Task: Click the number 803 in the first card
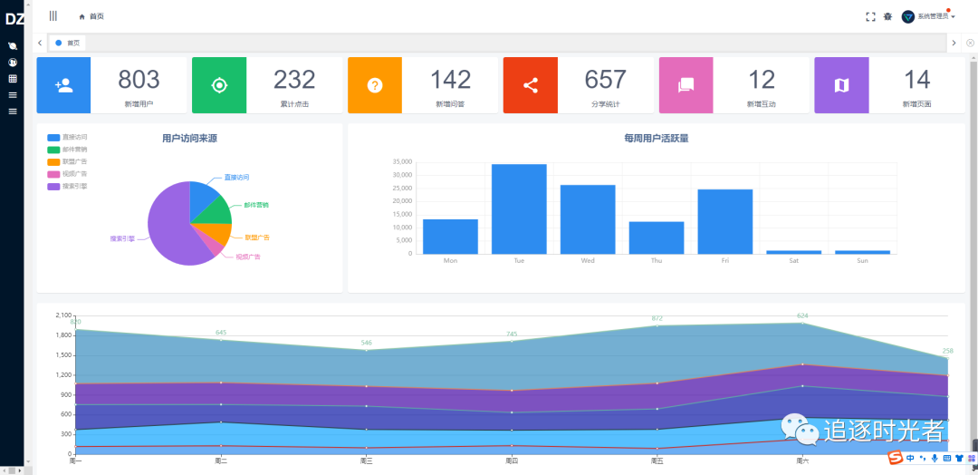139,80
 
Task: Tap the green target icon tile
219,85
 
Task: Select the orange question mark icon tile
375,85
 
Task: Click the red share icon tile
531,85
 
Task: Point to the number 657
606,80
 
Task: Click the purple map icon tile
841,85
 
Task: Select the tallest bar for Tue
519,208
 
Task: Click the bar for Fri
724,221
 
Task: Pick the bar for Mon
450,236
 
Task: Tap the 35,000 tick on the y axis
402,162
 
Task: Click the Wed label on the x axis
588,261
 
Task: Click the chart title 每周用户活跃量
657,139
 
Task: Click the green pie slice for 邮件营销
215,209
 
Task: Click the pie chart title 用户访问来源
189,139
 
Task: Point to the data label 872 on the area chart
657,318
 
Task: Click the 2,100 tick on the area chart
63,315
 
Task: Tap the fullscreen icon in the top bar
870,16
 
